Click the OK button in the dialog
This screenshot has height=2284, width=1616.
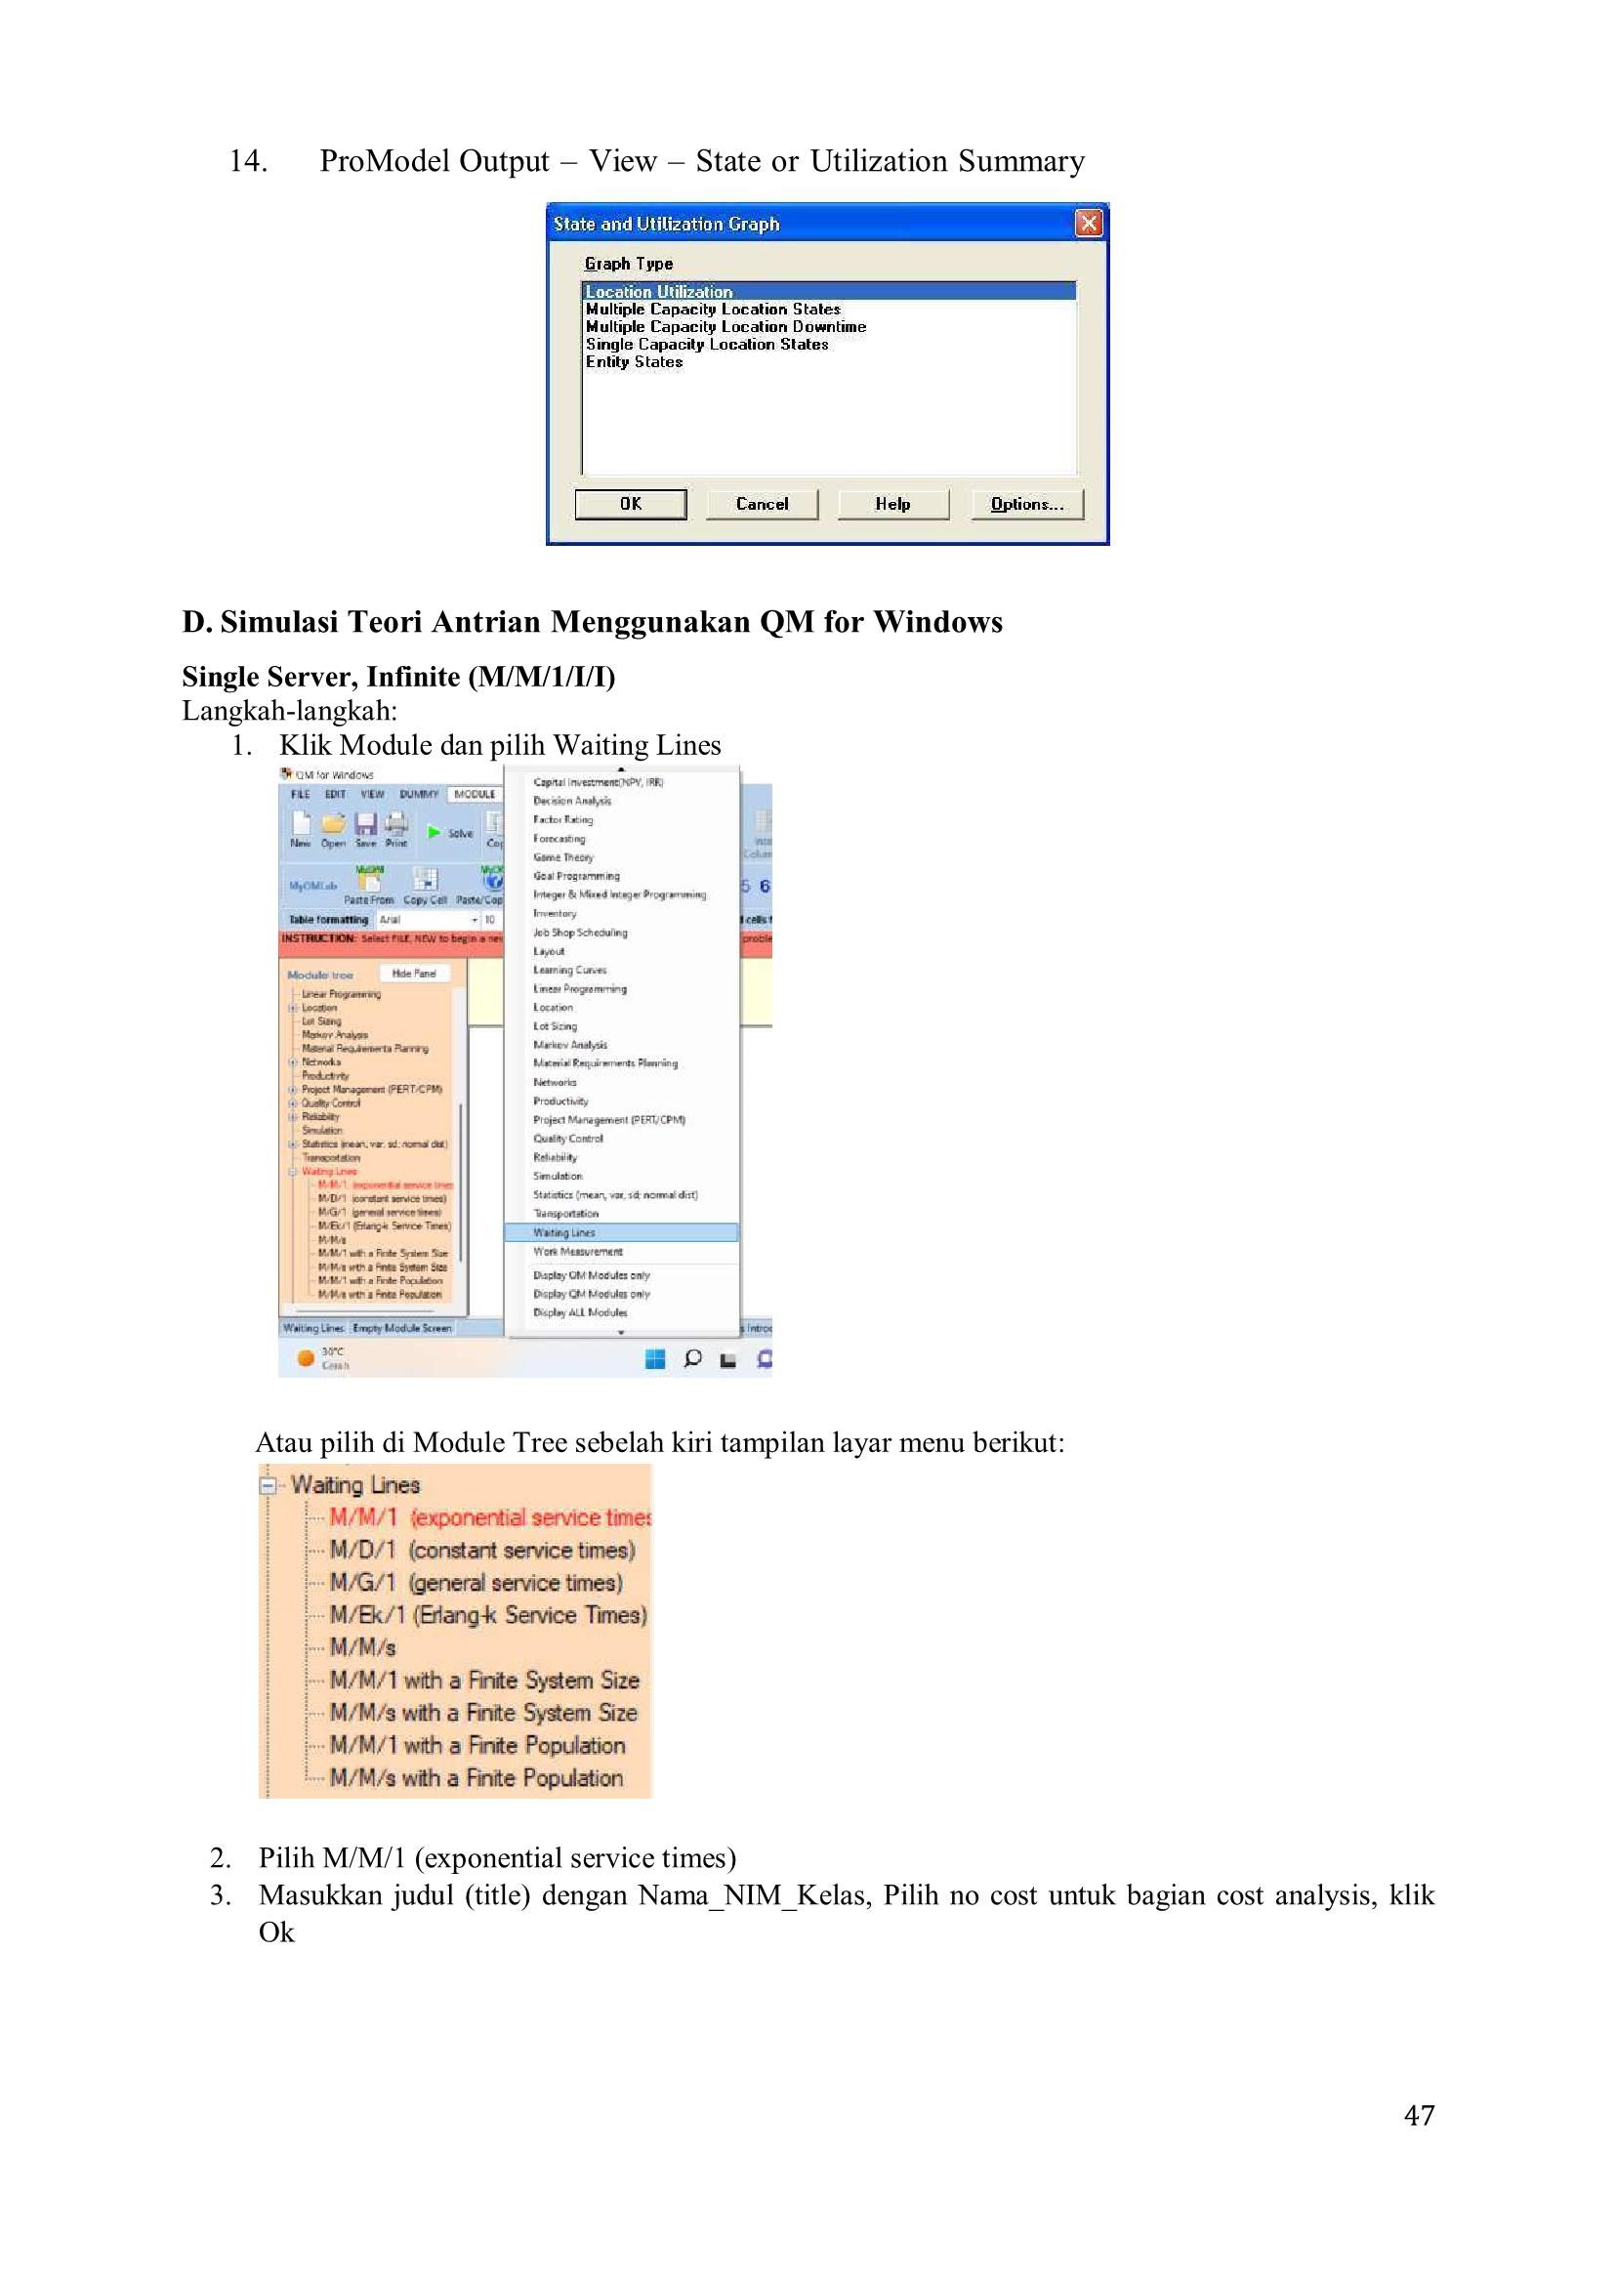(x=630, y=504)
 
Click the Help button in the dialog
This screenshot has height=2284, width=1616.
(x=891, y=504)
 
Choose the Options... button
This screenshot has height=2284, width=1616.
(x=1027, y=504)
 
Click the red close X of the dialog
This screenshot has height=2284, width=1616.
(x=1089, y=224)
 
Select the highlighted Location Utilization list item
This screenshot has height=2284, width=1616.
(x=659, y=292)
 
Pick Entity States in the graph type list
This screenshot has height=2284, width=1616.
(x=634, y=362)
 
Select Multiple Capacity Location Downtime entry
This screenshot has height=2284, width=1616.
(x=725, y=326)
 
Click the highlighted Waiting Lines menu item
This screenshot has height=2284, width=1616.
(x=564, y=1232)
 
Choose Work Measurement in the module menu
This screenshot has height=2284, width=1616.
(x=577, y=1251)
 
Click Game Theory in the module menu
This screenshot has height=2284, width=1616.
(x=562, y=857)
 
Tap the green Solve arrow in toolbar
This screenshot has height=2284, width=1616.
(x=434, y=832)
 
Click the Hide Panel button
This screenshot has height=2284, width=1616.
(x=414, y=974)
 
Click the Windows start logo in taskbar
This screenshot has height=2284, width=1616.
(x=655, y=1358)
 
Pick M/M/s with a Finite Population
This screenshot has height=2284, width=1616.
(x=476, y=1777)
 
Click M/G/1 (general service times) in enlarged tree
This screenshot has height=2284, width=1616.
(x=476, y=1582)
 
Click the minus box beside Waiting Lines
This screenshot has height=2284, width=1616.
(x=267, y=1486)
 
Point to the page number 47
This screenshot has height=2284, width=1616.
(x=1419, y=2114)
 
